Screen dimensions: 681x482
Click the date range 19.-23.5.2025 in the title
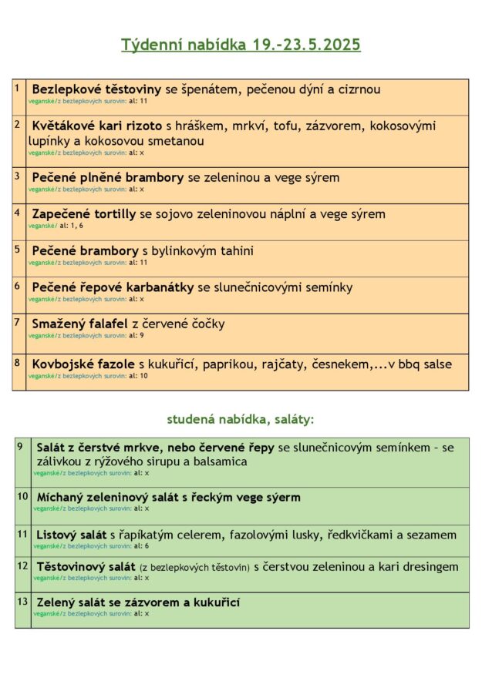306,45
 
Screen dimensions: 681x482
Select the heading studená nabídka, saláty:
241,420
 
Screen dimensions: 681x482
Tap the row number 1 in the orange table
17,89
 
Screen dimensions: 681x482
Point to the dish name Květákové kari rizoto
96,126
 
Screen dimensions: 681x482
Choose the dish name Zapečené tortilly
84,214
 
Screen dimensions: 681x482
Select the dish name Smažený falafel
79,324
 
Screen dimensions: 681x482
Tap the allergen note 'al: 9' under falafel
137,335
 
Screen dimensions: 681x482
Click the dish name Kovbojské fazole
83,364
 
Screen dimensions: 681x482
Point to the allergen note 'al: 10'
138,375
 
